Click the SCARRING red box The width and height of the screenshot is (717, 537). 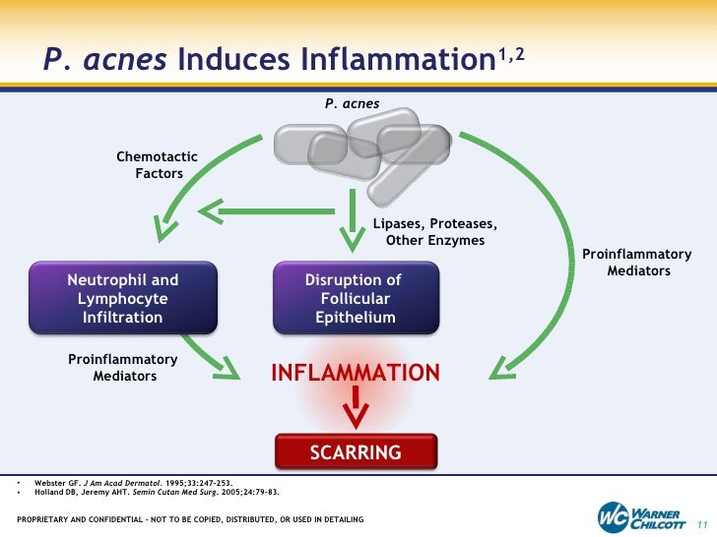pyautogui.click(x=356, y=452)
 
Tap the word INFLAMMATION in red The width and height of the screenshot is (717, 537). pyautogui.click(x=356, y=373)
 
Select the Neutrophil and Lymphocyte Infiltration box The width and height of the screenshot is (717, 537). pyautogui.click(x=123, y=299)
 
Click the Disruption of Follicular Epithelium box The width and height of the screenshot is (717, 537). pyautogui.click(x=355, y=299)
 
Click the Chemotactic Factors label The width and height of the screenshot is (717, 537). pyautogui.click(x=158, y=165)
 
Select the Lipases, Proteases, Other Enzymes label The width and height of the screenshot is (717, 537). pyautogui.click(x=434, y=232)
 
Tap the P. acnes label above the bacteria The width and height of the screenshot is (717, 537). pyautogui.click(x=352, y=103)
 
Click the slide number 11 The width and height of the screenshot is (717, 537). pyautogui.click(x=702, y=520)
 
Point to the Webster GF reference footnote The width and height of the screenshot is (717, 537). pyautogui.click(x=134, y=483)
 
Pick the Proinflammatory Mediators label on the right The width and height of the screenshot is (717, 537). pyautogui.click(x=638, y=263)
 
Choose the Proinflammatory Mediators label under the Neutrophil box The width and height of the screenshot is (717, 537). pyautogui.click(x=123, y=367)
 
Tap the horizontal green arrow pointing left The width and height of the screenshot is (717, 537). pyautogui.click(x=256, y=209)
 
